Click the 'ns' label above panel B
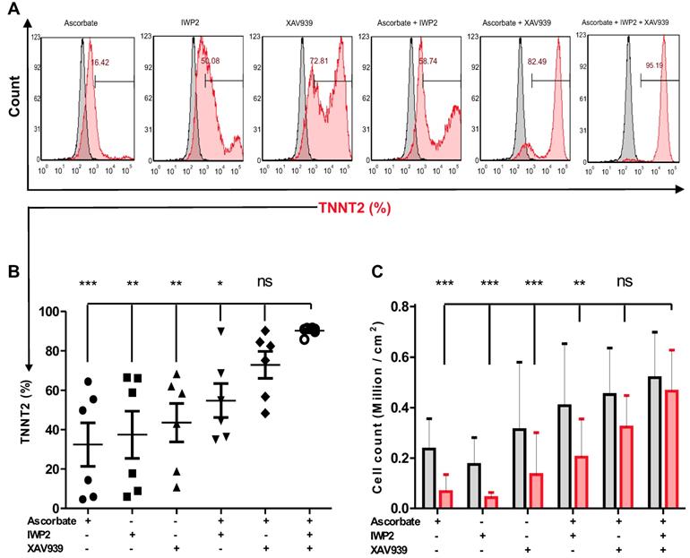[264, 282]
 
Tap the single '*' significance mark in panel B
[220, 285]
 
